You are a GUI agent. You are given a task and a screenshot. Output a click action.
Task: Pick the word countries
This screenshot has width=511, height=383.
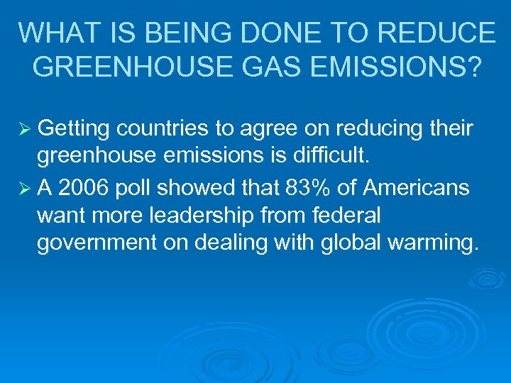(165, 128)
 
